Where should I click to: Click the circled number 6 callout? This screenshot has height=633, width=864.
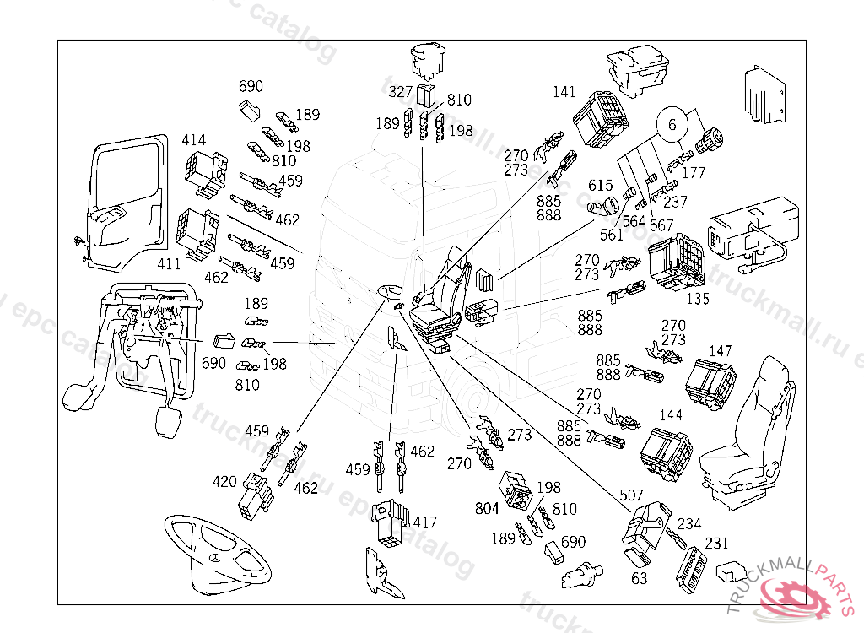click(672, 125)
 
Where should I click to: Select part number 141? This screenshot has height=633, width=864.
click(564, 92)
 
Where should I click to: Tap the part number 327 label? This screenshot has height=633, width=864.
click(401, 92)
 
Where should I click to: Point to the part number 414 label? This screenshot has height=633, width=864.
click(193, 139)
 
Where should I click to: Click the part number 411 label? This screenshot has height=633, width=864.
click(169, 264)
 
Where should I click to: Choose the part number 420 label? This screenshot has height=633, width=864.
click(224, 482)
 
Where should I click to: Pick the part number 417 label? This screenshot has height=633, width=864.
click(425, 522)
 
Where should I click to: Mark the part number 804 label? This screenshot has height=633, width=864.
click(488, 508)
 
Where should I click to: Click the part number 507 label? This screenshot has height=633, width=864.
click(631, 495)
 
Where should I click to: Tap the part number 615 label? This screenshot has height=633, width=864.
click(601, 186)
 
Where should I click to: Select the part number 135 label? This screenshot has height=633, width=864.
click(698, 299)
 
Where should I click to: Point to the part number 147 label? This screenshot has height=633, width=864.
click(721, 350)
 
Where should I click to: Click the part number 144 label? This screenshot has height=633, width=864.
click(671, 415)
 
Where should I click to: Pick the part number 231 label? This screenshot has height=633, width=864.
click(717, 544)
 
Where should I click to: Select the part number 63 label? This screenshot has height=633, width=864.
click(640, 578)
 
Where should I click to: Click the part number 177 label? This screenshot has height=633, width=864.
click(694, 174)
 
